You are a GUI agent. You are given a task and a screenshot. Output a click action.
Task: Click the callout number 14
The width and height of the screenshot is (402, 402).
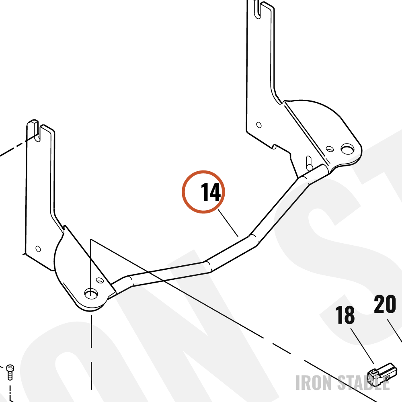click(211, 192)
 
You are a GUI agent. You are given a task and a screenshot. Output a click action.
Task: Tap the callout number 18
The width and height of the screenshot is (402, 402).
click(345, 315)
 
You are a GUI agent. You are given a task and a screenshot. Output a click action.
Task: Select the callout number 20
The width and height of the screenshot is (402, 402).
click(385, 304)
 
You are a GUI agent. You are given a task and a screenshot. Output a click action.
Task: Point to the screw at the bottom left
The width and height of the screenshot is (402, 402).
click(10, 372)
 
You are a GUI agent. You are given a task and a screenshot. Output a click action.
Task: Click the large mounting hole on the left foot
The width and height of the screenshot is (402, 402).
click(91, 293)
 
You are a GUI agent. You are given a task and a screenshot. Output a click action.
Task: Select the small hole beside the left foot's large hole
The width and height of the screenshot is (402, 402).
click(99, 280)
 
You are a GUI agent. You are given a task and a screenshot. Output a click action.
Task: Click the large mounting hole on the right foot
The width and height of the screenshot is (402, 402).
click(347, 149)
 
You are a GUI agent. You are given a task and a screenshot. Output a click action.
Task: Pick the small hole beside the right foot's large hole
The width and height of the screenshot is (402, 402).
click(330, 149)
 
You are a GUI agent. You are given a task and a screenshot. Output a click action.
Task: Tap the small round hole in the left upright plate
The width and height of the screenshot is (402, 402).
click(38, 249)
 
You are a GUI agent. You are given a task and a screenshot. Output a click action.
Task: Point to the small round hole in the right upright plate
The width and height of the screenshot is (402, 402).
click(259, 125)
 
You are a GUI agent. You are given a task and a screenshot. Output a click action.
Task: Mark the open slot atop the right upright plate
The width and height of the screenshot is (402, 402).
click(257, 9)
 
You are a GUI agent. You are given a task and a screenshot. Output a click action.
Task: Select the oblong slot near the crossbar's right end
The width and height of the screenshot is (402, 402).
click(309, 163)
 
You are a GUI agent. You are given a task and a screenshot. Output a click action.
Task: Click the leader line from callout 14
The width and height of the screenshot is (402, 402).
click(228, 223)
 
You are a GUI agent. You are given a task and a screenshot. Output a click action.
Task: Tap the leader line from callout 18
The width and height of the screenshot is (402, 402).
click(362, 346)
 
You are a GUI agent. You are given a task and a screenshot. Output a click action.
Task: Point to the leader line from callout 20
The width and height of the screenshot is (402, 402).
click(395, 331)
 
